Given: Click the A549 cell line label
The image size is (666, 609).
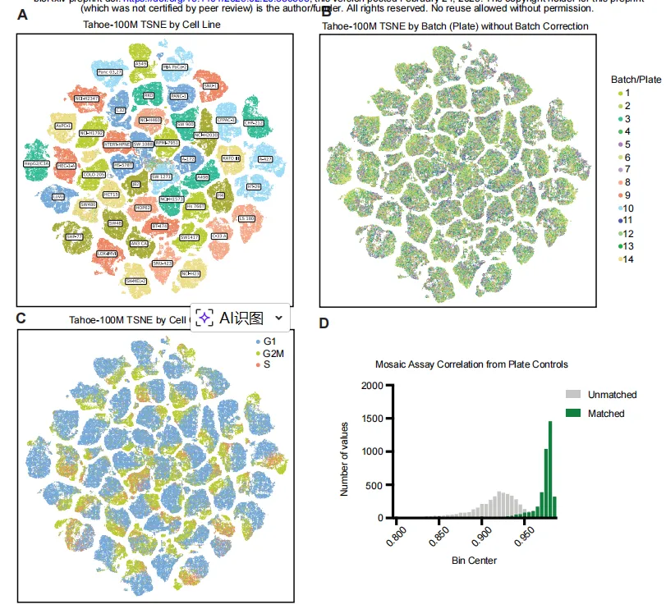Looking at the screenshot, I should tap(141, 63).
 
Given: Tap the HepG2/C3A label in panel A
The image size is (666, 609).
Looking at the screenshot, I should tap(35, 164).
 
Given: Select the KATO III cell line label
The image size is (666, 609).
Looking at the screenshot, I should tap(231, 158).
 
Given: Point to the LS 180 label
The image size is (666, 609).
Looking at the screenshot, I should tap(246, 218).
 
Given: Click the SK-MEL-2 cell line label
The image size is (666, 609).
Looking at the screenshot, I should tap(135, 281).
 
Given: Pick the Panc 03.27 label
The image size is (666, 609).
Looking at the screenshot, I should tap(109, 72).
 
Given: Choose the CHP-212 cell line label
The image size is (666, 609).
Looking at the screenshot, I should tap(255, 123).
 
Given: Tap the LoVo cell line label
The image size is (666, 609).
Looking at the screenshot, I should tap(57, 197).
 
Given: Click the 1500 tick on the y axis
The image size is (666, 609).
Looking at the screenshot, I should tap(370, 419).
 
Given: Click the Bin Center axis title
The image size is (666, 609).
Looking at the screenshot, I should tap(474, 561).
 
